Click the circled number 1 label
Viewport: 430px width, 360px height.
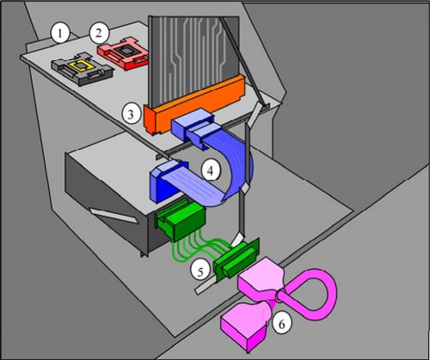58,34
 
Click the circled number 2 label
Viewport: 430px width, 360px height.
100,34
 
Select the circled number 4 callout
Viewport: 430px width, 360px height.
210,170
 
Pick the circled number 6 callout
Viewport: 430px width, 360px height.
280,324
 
